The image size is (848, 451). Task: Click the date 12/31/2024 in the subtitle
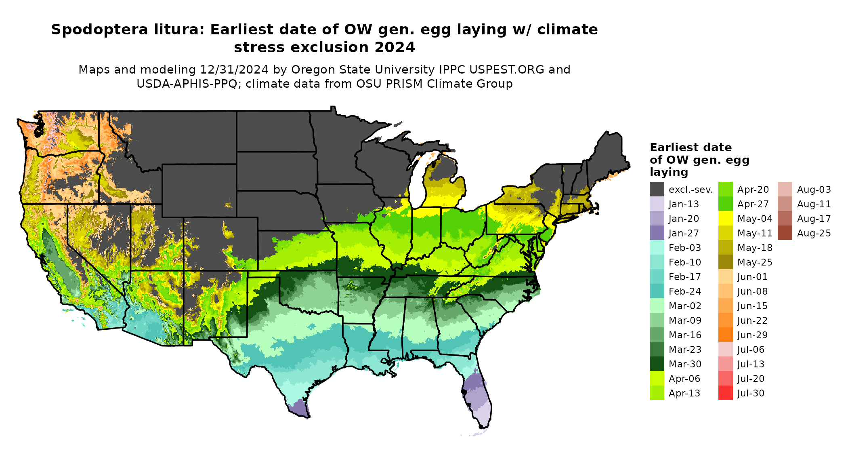pos(234,70)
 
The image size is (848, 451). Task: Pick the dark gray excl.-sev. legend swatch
pos(657,190)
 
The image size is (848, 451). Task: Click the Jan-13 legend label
pos(684,204)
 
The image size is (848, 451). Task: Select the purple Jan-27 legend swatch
pos(657,233)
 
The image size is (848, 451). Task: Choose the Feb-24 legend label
pos(684,291)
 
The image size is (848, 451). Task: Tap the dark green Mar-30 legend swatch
pos(657,364)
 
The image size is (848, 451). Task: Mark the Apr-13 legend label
pos(684,393)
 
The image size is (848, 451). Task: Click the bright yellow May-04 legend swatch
pos(725,219)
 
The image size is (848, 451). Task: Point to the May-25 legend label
pos(754,262)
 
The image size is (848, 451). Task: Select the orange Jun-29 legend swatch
pos(725,335)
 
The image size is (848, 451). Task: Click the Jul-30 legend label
pos(751,393)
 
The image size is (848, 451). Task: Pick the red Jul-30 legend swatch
pos(725,393)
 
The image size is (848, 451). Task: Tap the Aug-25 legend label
pos(814,233)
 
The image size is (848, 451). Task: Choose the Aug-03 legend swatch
pos(785,190)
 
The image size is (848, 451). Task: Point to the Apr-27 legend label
pos(753,204)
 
